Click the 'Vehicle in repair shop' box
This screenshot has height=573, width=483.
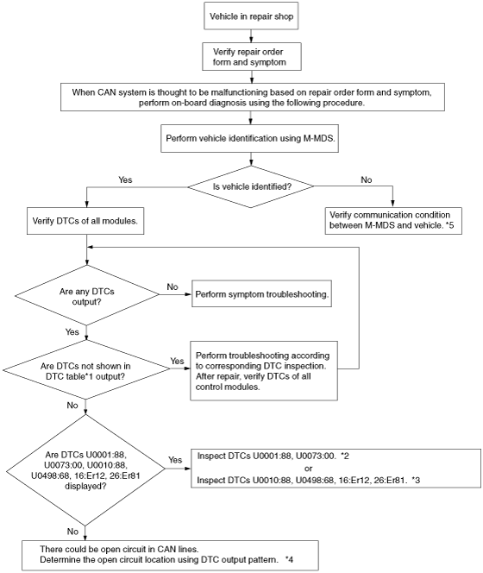pos(251,16)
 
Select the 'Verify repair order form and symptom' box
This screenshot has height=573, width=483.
pos(252,57)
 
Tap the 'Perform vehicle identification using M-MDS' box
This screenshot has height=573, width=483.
pos(250,138)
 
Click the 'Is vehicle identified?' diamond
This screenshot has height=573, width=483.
pos(251,186)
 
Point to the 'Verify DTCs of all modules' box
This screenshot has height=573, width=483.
pos(85,221)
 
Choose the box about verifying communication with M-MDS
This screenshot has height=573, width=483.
pos(393,221)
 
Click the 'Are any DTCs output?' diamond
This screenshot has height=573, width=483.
pos(87,295)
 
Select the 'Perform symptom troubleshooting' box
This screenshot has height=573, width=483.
pos(261,293)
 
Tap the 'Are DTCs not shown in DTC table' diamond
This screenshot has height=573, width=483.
pos(86,370)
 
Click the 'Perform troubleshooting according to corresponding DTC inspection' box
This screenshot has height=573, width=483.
pos(264,371)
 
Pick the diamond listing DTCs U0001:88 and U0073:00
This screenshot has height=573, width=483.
pos(85,470)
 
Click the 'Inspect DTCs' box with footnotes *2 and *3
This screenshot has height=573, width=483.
pos(336,468)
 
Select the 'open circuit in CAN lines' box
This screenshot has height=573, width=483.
pos(170,556)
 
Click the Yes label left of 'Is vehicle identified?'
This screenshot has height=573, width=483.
pos(125,179)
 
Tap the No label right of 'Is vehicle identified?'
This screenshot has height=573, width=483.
pos(366,179)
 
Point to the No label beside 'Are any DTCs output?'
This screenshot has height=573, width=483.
pos(172,286)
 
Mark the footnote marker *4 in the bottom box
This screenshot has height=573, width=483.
pos(289,559)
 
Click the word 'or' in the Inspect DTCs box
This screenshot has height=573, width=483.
pos(309,469)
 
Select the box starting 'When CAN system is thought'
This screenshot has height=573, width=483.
pos(253,98)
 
